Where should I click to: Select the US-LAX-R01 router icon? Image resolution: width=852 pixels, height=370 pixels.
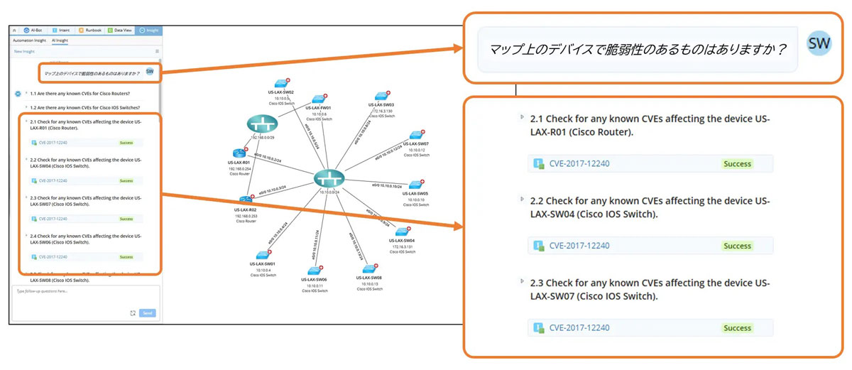tap(237, 153)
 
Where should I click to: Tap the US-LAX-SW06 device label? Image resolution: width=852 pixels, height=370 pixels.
tap(313, 280)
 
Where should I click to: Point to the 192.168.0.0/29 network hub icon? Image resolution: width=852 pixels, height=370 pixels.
tap(262, 124)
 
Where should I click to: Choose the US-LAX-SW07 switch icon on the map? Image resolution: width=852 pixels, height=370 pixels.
tap(415, 135)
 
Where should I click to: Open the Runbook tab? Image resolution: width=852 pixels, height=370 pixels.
tap(90, 31)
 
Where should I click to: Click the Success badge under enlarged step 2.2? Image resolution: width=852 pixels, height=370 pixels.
tap(737, 246)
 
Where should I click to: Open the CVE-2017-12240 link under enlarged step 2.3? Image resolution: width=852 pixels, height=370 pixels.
tap(579, 328)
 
